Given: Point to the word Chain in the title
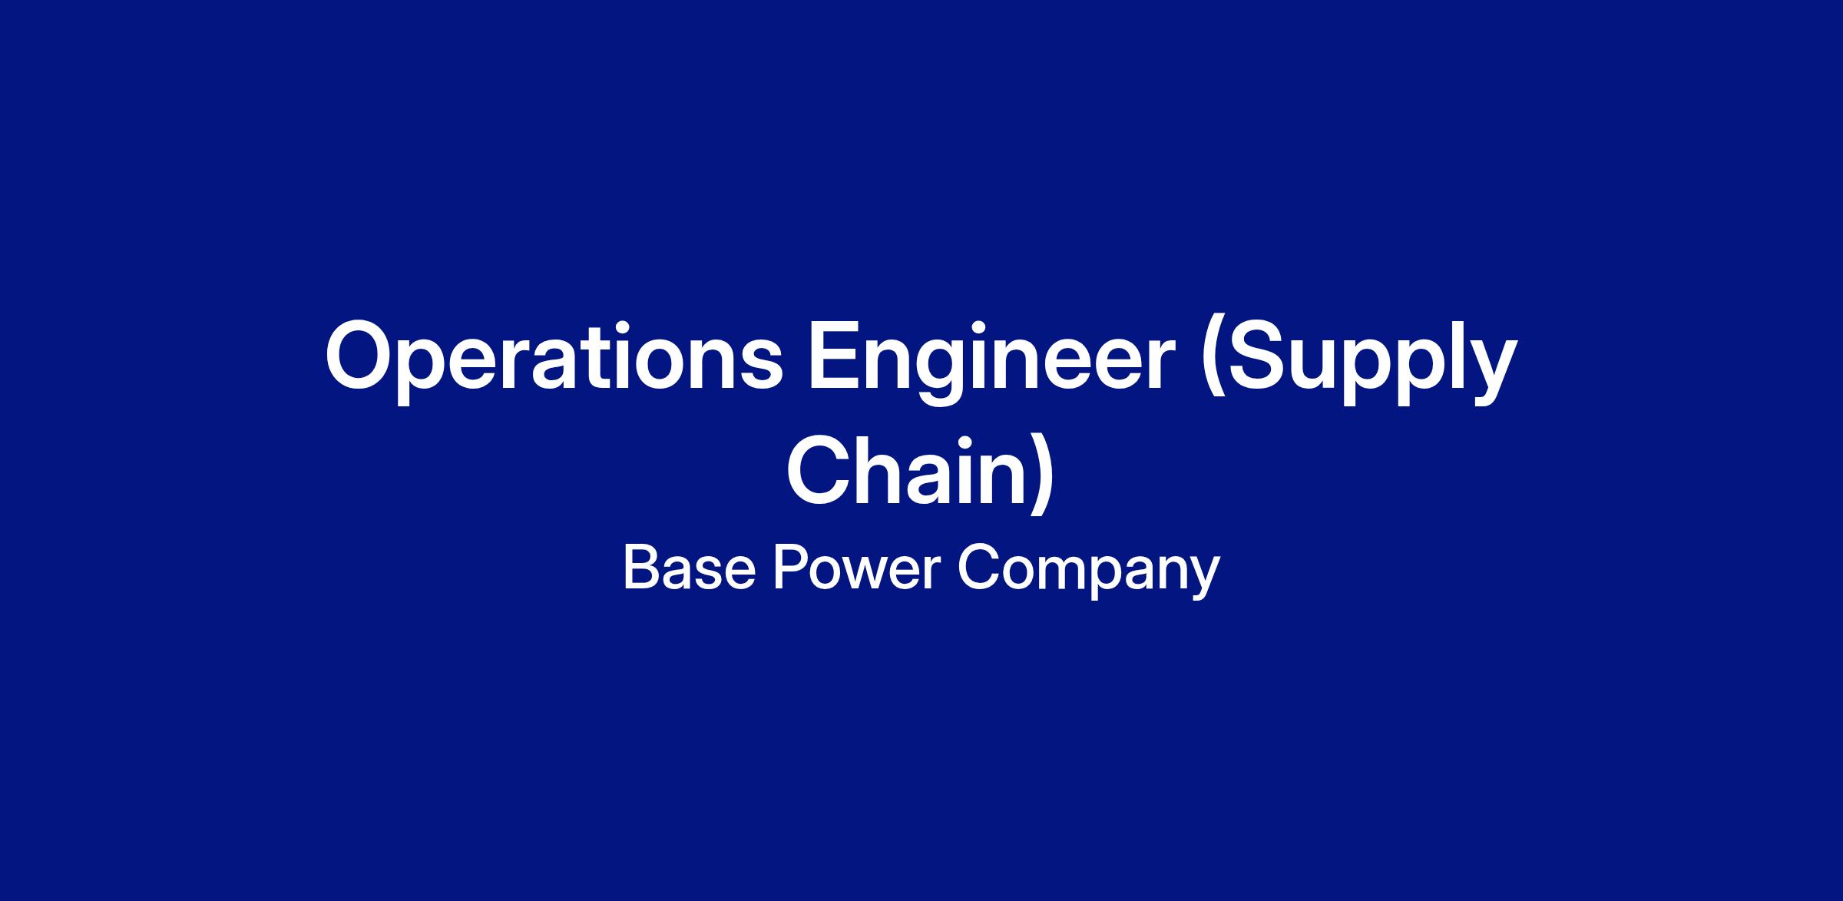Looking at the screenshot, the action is pyautogui.click(x=906, y=470).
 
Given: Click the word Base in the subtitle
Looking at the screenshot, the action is pyautogui.click(x=689, y=568).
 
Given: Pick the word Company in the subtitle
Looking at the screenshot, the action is pyautogui.click(x=1088, y=572).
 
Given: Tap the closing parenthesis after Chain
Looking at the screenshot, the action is pyautogui.click(x=1041, y=472).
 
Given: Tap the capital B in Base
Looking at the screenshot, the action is pyautogui.click(x=643, y=568).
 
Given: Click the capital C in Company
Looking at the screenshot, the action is pyautogui.click(x=979, y=568).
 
